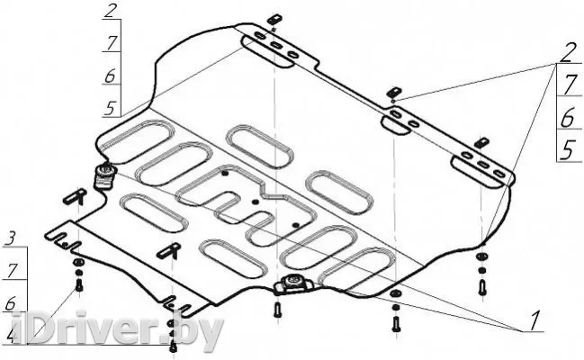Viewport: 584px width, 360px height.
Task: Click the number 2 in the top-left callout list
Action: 110,12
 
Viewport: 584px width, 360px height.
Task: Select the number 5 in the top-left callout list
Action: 110,108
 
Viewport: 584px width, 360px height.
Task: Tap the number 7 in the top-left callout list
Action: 110,43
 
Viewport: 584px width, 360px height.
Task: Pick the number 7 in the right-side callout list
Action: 569,85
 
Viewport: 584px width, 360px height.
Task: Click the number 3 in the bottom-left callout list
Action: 11,238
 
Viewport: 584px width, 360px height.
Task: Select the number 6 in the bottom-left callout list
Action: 11,303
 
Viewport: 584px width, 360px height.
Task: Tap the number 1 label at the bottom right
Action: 534,318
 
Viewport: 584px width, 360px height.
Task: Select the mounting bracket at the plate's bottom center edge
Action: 293,286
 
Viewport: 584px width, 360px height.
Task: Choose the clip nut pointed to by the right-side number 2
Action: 393,93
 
